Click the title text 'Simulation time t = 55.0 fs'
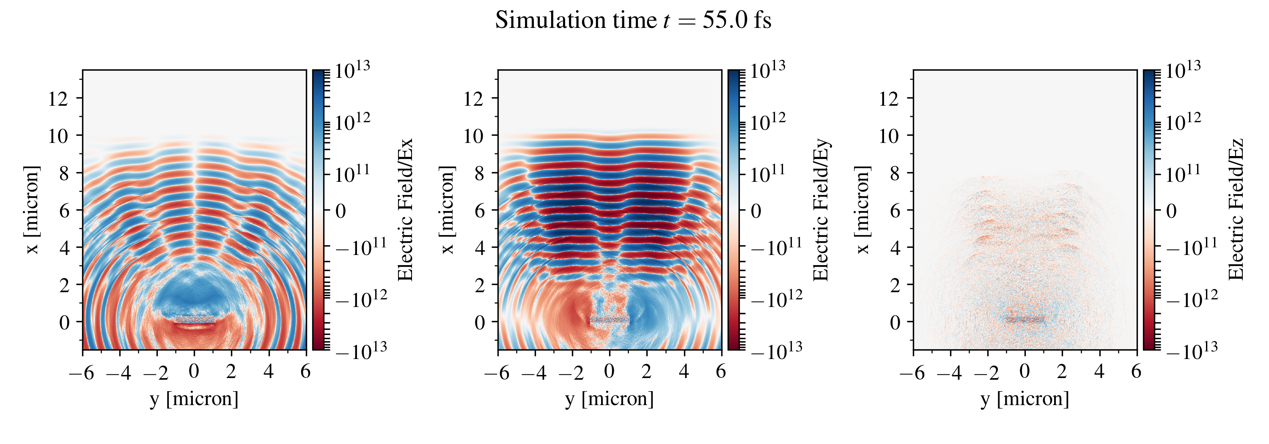click(633, 21)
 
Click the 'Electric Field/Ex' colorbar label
click(405, 210)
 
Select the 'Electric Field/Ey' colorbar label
click(821, 210)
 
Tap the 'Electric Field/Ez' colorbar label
click(1236, 210)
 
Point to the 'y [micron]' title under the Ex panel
click(194, 399)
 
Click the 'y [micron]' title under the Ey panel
click(610, 399)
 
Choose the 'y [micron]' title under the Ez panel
click(1025, 399)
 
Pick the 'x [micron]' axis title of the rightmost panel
click(863, 210)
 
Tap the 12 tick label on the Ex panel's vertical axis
click(58, 99)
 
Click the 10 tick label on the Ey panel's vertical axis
click(473, 136)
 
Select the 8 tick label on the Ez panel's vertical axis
click(895, 173)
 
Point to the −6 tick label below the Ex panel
click(82, 373)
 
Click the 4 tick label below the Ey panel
click(684, 372)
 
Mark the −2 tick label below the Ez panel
click(986, 373)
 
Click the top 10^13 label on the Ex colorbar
click(353, 70)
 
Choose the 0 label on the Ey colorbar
click(756, 211)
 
